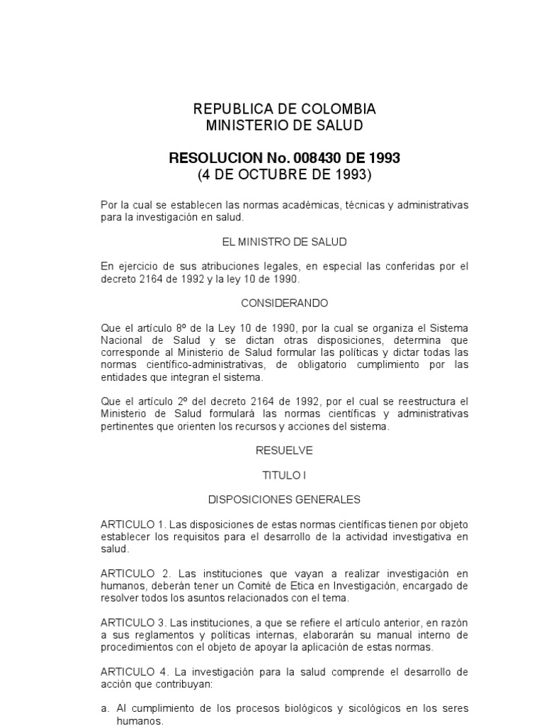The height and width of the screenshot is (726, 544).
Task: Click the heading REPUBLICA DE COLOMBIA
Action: (284, 109)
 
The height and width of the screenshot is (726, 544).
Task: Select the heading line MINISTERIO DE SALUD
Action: (284, 125)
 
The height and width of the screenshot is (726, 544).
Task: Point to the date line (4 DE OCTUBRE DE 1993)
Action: (284, 174)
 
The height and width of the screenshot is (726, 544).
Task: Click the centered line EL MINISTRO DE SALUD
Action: (284, 242)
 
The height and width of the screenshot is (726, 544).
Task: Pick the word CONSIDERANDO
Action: (284, 303)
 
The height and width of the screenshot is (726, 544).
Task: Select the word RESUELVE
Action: (284, 450)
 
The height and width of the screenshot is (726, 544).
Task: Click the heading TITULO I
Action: (284, 475)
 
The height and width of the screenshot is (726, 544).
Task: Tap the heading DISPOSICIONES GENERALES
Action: (284, 499)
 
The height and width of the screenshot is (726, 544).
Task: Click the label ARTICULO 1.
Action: (132, 524)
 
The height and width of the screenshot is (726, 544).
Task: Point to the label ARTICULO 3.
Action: (132, 622)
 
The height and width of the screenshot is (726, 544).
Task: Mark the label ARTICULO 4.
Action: (134, 671)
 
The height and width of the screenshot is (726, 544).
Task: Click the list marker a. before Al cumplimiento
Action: (105, 709)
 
